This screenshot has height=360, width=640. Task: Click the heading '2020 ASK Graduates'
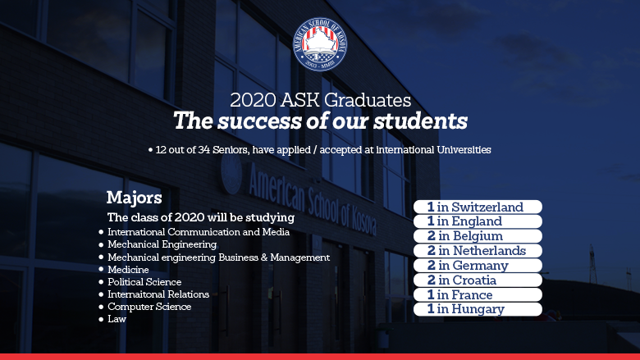tap(320, 101)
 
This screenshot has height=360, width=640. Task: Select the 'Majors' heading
tap(134, 198)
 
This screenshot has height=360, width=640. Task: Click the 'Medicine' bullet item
tap(128, 269)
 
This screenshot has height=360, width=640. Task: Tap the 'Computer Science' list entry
tap(149, 306)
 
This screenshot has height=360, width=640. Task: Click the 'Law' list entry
tap(117, 318)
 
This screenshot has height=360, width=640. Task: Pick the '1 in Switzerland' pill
tap(478, 207)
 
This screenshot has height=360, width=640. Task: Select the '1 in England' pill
tap(478, 221)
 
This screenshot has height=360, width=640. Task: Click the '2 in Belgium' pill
tap(478, 236)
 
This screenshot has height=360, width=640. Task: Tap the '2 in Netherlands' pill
tap(478, 251)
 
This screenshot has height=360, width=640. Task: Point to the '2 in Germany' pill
tap(478, 266)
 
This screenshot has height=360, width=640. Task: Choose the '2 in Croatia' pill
tap(478, 280)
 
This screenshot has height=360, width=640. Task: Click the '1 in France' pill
tap(478, 295)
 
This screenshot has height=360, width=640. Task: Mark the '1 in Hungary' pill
tap(478, 309)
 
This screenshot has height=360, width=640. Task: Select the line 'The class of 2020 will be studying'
tap(201, 218)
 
